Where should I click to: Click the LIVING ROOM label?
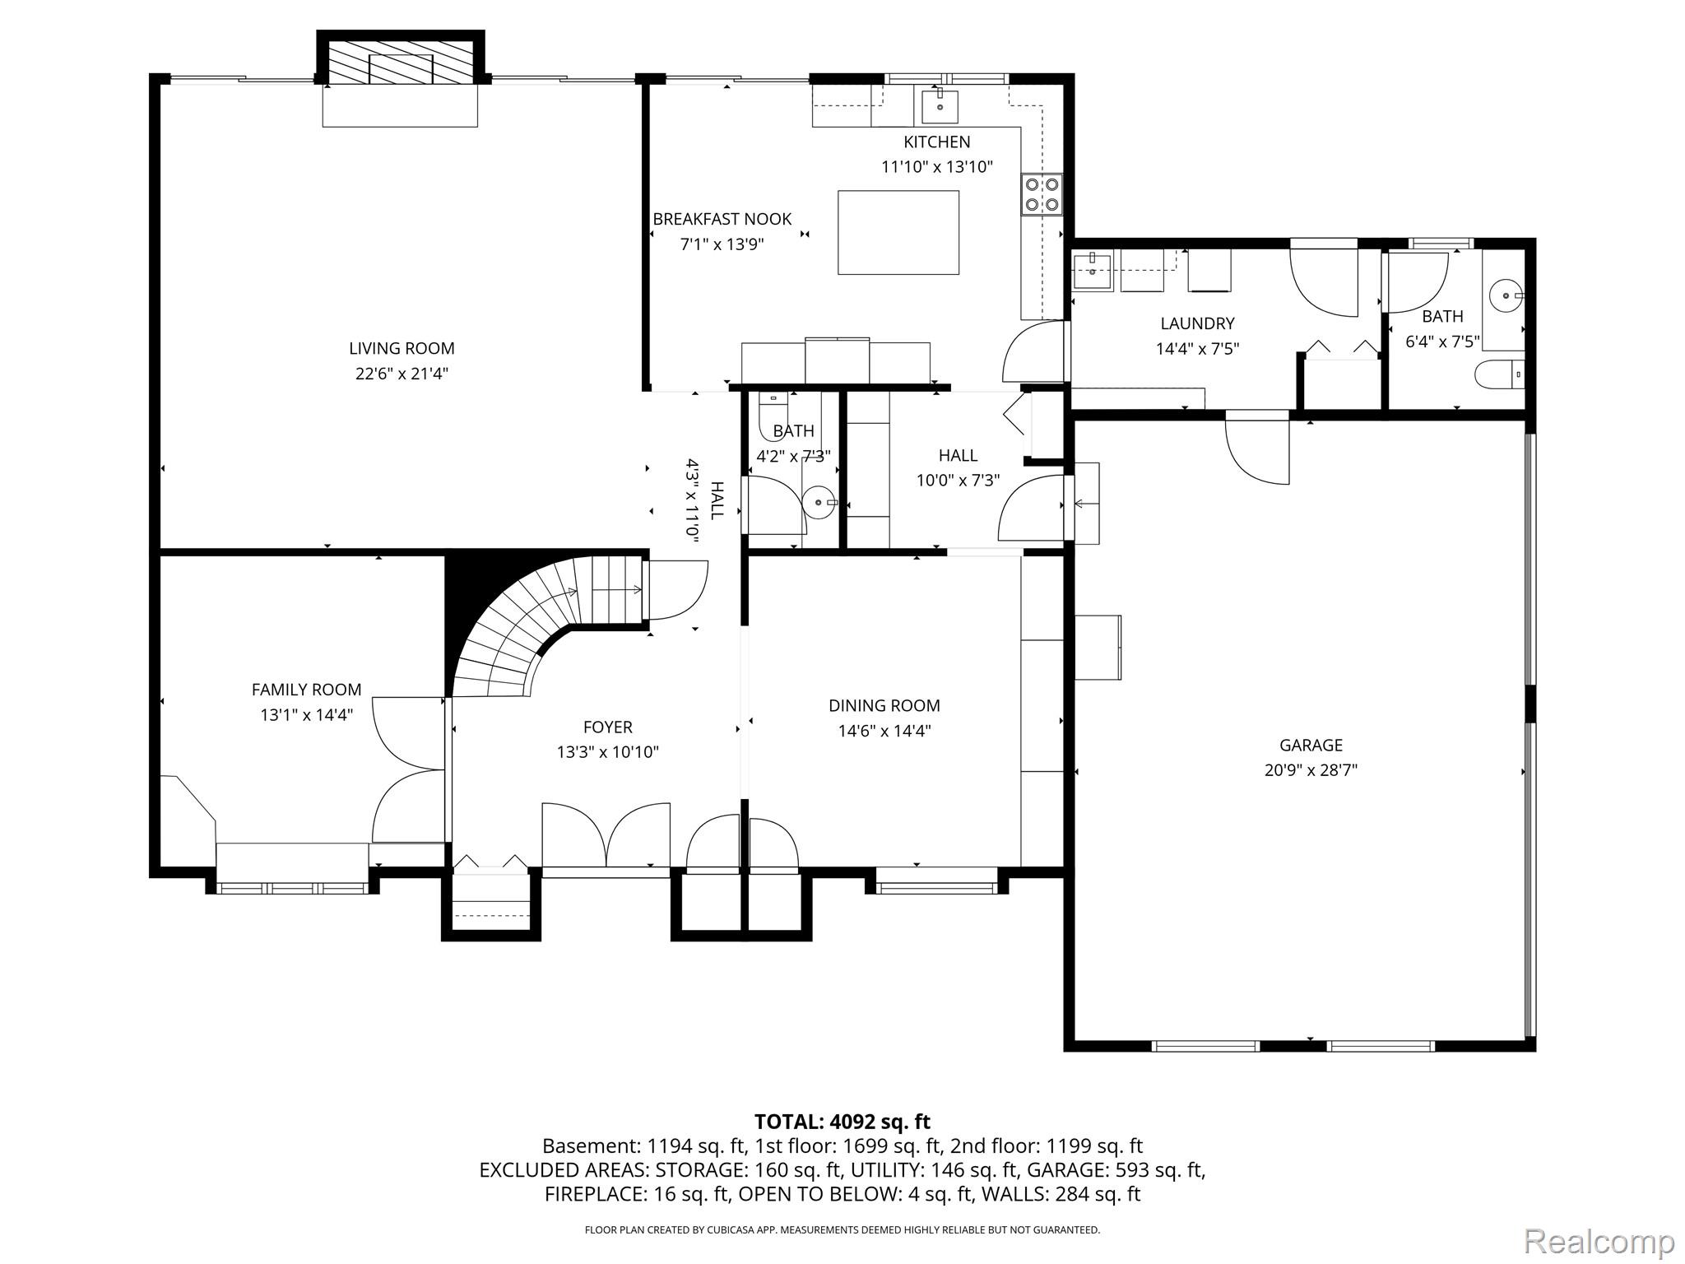[402, 348]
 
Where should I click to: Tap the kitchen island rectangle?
[898, 232]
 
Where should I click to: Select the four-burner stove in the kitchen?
[1041, 194]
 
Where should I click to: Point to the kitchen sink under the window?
[939, 106]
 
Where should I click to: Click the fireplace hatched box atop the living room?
[401, 58]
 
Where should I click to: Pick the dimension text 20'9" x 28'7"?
[1311, 770]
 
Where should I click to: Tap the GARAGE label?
[1311, 745]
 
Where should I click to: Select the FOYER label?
[607, 727]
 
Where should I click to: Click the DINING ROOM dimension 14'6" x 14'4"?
[884, 731]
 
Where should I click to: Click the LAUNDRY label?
[1197, 323]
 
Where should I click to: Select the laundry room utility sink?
[1093, 272]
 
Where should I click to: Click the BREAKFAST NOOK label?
[722, 219]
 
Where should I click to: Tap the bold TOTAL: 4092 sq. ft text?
[842, 1122]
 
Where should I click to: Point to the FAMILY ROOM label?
[306, 690]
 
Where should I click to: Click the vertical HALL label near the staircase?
[717, 500]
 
